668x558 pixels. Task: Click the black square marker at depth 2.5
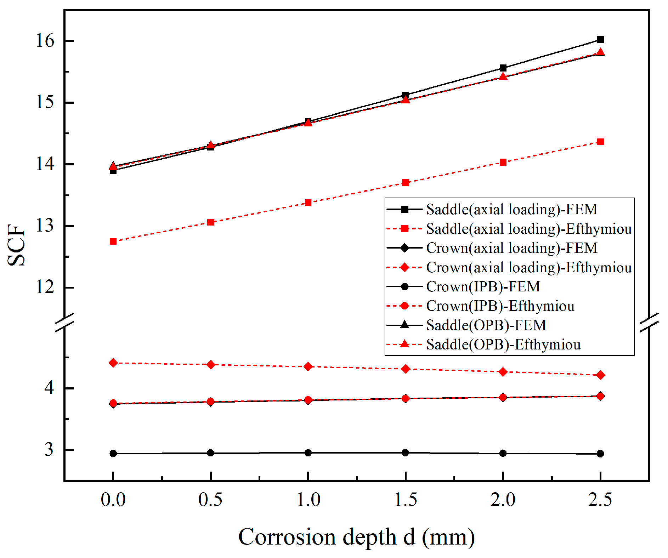click(x=600, y=40)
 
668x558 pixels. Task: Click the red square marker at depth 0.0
click(x=113, y=241)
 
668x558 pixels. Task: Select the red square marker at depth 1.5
click(x=406, y=183)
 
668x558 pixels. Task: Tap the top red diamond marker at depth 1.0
click(x=308, y=366)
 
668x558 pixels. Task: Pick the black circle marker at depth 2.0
click(x=503, y=453)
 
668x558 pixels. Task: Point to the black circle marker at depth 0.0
click(x=113, y=454)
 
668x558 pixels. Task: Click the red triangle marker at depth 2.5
click(x=600, y=52)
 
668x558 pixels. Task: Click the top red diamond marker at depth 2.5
click(x=600, y=375)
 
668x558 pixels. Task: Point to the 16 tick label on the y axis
click(x=45, y=41)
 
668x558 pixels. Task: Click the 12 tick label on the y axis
click(x=45, y=287)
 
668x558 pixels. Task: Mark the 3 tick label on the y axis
click(x=49, y=450)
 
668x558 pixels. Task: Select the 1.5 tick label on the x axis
click(x=406, y=500)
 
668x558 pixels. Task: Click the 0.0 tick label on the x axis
click(x=113, y=500)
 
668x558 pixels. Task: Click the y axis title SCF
click(x=16, y=245)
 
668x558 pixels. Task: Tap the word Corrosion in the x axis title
click(x=287, y=537)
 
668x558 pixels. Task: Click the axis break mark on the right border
click(x=649, y=323)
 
